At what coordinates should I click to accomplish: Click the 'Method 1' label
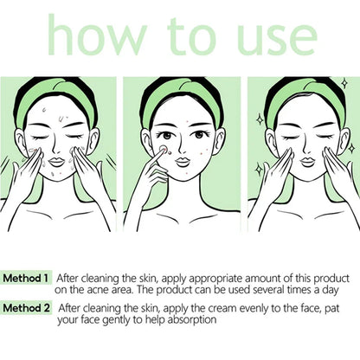(x=27, y=279)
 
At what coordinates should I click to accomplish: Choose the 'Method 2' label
(x=27, y=308)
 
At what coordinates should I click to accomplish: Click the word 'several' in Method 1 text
(x=267, y=291)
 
